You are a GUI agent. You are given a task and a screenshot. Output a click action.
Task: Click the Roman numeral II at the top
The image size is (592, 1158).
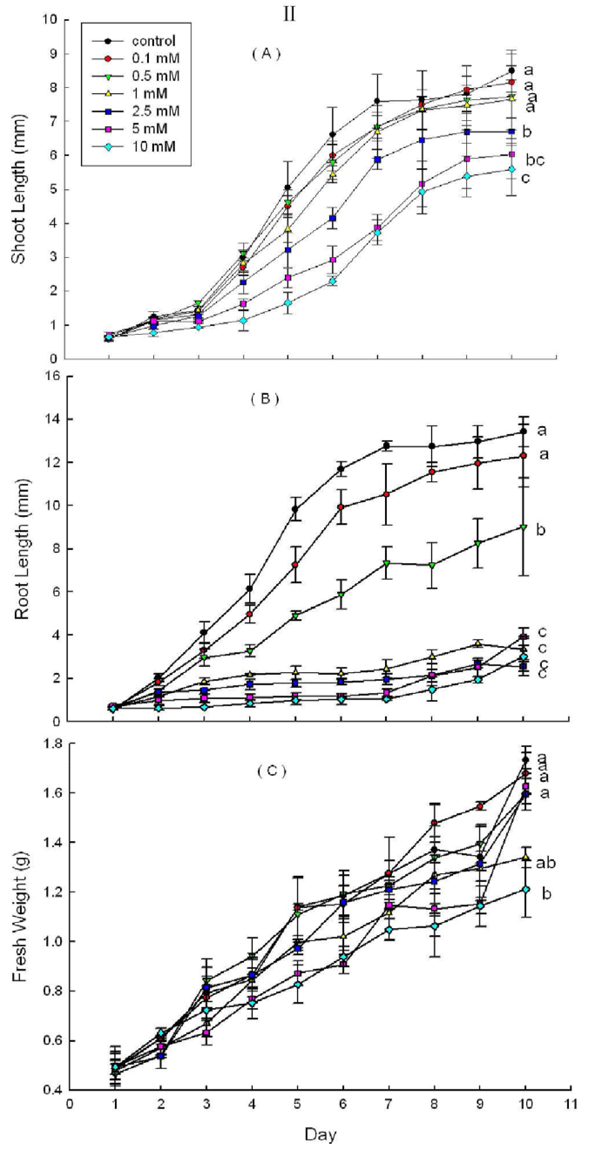point(289,15)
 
